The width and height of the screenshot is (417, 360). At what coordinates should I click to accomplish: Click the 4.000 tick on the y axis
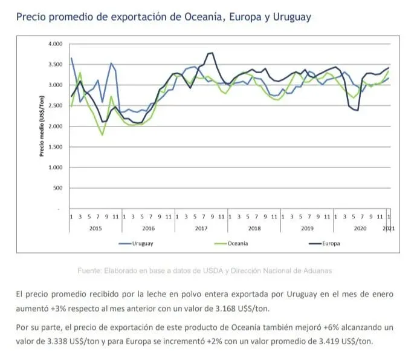54,44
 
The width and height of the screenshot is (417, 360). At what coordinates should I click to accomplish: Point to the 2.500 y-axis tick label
54,106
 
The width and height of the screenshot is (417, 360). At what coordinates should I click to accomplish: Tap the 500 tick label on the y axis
57,188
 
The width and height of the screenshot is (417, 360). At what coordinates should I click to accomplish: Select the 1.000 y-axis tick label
54,168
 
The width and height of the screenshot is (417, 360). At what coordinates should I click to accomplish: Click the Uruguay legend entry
141,243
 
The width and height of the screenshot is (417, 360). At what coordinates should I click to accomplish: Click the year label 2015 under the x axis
96,227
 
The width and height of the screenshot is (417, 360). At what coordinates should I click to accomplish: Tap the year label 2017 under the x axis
201,227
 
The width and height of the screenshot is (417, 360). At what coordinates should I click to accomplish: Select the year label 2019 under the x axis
307,227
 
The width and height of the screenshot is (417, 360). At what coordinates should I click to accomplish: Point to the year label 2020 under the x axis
360,227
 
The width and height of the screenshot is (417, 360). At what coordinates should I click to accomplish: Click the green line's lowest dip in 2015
102,134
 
